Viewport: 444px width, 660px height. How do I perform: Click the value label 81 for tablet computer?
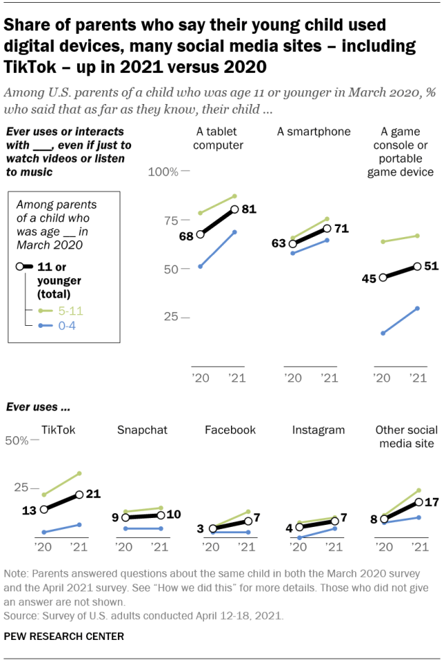[x=248, y=209]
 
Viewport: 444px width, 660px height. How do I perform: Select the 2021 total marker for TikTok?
[x=80, y=494]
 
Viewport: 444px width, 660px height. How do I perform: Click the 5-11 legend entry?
[x=59, y=311]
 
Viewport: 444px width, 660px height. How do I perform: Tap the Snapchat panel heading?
[x=142, y=430]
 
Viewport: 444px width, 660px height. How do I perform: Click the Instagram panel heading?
[x=318, y=430]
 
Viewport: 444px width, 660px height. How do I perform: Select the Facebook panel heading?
[x=230, y=430]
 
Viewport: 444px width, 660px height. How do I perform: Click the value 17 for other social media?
[x=432, y=502]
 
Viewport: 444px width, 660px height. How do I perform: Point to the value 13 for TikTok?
[x=29, y=510]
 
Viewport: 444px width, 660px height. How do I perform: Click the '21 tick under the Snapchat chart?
[x=160, y=547]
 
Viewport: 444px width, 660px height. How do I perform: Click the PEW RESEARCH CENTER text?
[x=64, y=636]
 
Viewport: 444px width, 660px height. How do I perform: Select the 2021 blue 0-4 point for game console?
[x=418, y=308]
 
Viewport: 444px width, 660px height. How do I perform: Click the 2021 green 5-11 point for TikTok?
[x=80, y=473]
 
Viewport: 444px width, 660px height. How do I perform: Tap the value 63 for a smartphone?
[x=279, y=244]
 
